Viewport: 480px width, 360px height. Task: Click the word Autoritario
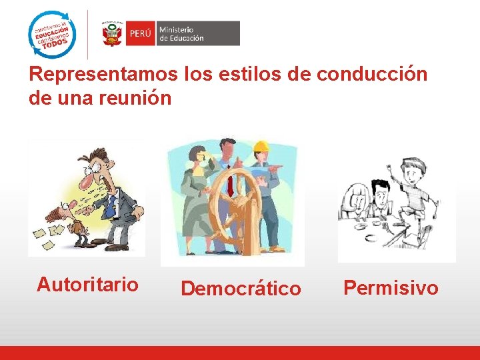point(87,285)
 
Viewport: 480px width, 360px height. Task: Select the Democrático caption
point(241,289)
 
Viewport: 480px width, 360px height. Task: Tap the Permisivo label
point(391,287)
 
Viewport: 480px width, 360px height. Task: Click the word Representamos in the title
point(103,74)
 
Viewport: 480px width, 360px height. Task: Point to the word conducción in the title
point(372,74)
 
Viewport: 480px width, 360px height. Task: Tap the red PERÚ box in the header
point(141,33)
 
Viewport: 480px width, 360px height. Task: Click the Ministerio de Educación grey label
point(197,33)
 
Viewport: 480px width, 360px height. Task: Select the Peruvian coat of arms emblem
point(112,33)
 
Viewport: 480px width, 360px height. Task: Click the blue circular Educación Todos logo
point(52,35)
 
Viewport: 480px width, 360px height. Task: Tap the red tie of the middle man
point(230,180)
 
